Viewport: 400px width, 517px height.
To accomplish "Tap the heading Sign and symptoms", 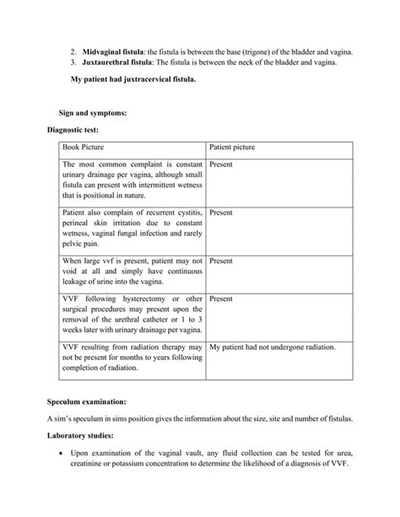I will [93, 112].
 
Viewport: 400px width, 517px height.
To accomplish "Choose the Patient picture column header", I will [232, 148].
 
